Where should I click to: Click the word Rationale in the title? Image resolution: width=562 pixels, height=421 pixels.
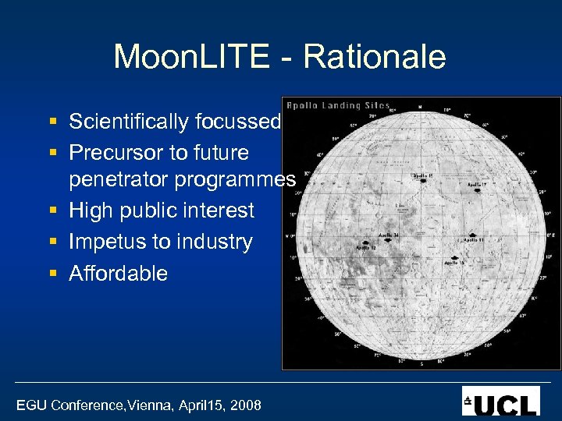[x=374, y=58]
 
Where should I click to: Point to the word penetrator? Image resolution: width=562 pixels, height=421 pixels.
[x=119, y=179]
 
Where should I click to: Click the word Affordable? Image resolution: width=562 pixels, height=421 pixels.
[x=118, y=273]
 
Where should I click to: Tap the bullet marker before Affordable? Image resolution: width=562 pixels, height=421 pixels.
[x=52, y=274]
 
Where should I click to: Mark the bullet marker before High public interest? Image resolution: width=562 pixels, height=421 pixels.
[x=52, y=211]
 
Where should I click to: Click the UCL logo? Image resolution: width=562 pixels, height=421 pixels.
[x=500, y=401]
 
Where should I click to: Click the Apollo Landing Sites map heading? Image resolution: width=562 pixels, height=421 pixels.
[x=338, y=105]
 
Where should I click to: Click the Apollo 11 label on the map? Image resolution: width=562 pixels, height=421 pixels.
[x=475, y=240]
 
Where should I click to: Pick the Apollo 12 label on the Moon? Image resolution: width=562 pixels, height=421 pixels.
[x=366, y=248]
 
